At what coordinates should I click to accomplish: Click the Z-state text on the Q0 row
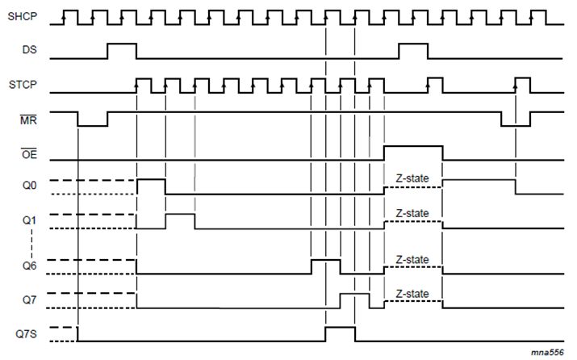coord(412,178)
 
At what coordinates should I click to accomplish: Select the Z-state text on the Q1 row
coord(412,213)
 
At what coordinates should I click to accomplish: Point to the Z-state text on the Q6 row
coord(412,259)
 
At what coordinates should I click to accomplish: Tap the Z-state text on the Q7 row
coord(412,294)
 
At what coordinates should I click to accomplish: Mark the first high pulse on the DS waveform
coord(122,51)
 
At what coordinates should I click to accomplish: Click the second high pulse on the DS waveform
coord(413,51)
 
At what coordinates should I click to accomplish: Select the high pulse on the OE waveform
coord(412,153)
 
